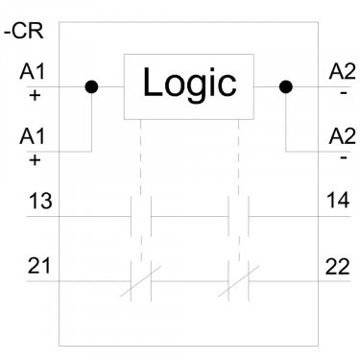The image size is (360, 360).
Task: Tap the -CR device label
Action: pos(23,32)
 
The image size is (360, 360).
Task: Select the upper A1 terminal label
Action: pos(33,71)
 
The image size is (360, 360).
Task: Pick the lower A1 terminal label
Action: pos(33,136)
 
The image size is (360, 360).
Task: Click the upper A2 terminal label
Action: pos(342,71)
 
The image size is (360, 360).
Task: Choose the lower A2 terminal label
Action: pos(342,136)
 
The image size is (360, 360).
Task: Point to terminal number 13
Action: pos(40,201)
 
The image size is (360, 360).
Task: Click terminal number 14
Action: pos(338,201)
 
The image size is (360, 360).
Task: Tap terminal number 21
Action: pos(39,266)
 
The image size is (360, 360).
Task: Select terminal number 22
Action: pos(338,267)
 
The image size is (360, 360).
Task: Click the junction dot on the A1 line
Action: pos(91,86)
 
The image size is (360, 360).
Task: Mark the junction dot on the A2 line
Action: pos(286,86)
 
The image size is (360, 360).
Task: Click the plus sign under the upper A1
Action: pos(35,95)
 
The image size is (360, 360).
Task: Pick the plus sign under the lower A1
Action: pos(35,160)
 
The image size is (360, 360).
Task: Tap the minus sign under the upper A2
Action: pos(344,93)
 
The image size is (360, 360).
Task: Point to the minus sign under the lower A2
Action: pos(344,157)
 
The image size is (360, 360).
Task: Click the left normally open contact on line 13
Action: pos(141,217)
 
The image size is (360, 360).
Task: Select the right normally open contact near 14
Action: pos(238,217)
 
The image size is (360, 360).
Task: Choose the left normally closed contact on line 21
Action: pos(141,281)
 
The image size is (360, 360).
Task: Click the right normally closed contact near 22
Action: pos(238,281)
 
